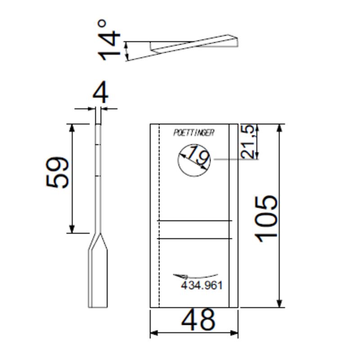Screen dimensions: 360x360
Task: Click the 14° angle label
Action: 109,40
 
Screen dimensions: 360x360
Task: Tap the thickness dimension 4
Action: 100,93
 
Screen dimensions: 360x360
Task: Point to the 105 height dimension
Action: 266,219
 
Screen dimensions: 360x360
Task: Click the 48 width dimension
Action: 198,319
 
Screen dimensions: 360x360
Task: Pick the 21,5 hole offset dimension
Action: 248,141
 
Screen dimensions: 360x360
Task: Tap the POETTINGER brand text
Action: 193,133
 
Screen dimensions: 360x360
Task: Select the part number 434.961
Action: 202,286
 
